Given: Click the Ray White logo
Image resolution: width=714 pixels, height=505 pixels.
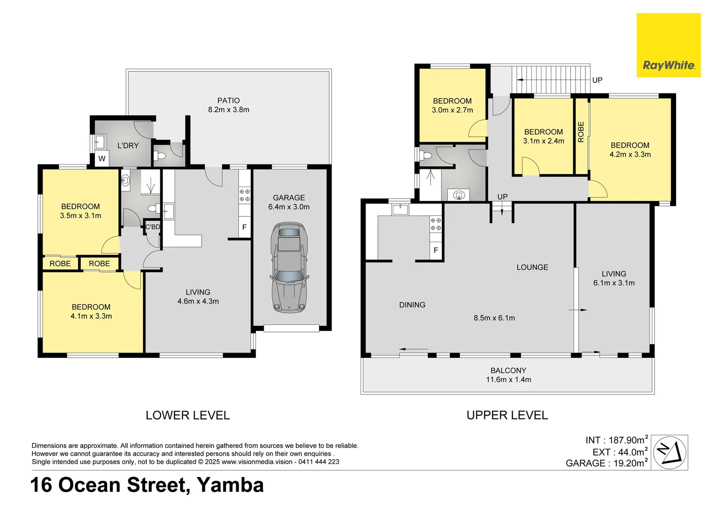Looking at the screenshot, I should point(668,45).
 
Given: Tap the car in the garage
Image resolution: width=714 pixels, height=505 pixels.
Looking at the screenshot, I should point(289,267).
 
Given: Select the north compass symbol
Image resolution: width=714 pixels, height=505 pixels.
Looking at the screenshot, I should point(670,452).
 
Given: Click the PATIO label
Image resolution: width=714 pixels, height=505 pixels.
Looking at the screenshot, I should point(228,101).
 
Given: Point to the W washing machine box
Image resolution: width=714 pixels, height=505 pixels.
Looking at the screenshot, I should point(102,159).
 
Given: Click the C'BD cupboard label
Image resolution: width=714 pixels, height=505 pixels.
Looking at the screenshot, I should point(152,227).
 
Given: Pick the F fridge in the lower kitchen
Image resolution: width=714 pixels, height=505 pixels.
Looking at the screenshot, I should point(244,228).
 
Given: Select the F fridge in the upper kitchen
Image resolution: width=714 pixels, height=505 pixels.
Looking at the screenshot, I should point(436,251).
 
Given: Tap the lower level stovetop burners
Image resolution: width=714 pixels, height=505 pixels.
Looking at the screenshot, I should point(245,195).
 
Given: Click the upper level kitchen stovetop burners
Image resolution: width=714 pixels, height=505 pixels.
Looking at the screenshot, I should point(436,224).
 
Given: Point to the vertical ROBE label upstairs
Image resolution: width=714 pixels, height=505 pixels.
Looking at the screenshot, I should point(581,132).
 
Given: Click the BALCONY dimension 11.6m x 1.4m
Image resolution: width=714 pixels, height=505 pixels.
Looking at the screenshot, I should point(508,380).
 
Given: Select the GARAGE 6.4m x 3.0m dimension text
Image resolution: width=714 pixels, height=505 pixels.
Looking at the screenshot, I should point(289,207).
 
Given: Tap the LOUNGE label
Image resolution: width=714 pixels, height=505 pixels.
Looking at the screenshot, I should point(532,267).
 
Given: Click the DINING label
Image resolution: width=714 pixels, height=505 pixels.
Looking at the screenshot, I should point(412,305).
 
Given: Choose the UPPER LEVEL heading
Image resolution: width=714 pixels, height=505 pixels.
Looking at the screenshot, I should point(507,415).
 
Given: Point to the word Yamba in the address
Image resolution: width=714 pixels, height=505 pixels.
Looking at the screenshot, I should point(230,485).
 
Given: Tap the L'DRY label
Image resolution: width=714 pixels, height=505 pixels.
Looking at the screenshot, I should point(128,146).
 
